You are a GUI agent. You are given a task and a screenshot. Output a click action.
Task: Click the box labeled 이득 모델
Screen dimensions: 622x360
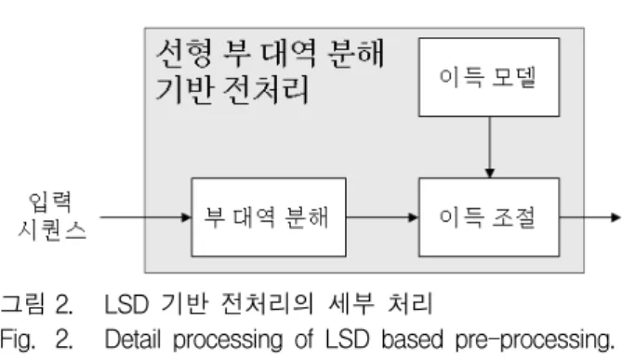click(x=489, y=77)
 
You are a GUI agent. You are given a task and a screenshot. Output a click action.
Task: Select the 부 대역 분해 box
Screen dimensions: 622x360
click(x=269, y=217)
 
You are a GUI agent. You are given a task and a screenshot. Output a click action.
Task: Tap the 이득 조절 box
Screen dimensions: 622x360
click(x=489, y=217)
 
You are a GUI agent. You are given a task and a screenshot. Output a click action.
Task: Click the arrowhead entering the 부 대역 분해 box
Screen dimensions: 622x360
click(x=186, y=217)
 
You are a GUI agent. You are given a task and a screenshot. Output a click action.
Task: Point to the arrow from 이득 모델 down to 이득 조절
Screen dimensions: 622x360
click(x=489, y=147)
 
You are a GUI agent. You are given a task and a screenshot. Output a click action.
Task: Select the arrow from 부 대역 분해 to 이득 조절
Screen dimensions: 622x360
click(x=382, y=217)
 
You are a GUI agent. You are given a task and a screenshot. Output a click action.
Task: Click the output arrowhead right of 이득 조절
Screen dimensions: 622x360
click(x=615, y=217)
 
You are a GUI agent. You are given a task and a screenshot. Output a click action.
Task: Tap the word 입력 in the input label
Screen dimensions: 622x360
click(x=50, y=202)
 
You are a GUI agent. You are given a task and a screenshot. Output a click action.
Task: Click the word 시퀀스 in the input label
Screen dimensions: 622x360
click(x=51, y=230)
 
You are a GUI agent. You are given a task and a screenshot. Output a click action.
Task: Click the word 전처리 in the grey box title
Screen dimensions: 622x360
click(x=265, y=89)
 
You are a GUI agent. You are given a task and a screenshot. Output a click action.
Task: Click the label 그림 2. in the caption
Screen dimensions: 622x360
click(x=36, y=304)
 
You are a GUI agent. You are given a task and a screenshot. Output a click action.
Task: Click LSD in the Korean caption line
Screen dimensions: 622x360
click(x=126, y=304)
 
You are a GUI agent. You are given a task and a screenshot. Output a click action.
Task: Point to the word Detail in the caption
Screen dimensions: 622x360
click(x=133, y=340)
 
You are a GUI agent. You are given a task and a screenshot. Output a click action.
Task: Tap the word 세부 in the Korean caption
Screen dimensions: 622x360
click(x=351, y=304)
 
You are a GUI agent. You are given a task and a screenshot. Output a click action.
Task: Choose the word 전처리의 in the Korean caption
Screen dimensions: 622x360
click(x=267, y=304)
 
